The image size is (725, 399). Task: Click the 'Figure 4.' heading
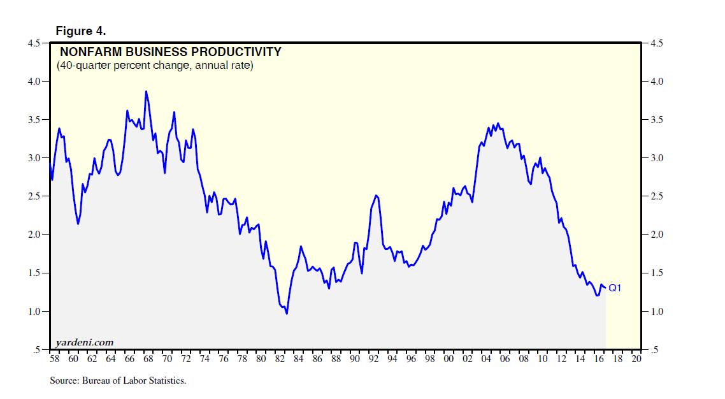tap(80, 31)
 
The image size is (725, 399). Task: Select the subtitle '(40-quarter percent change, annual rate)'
tap(155, 65)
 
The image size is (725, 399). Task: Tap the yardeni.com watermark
tap(85, 342)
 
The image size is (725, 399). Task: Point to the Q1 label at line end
tap(615, 288)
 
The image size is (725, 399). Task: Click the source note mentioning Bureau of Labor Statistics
tap(118, 381)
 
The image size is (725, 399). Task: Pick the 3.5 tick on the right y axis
tap(657, 120)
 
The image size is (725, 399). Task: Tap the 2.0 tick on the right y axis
tap(657, 235)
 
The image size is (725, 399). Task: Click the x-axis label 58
tap(54, 359)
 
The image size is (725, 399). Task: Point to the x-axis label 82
tap(279, 359)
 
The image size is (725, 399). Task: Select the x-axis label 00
tap(449, 359)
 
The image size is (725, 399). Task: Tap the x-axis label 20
tap(636, 359)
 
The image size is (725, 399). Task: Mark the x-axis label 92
tap(373, 359)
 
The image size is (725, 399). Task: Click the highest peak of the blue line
tap(146, 91)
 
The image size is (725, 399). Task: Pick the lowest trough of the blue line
tap(287, 314)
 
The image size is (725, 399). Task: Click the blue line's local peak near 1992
tap(377, 195)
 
